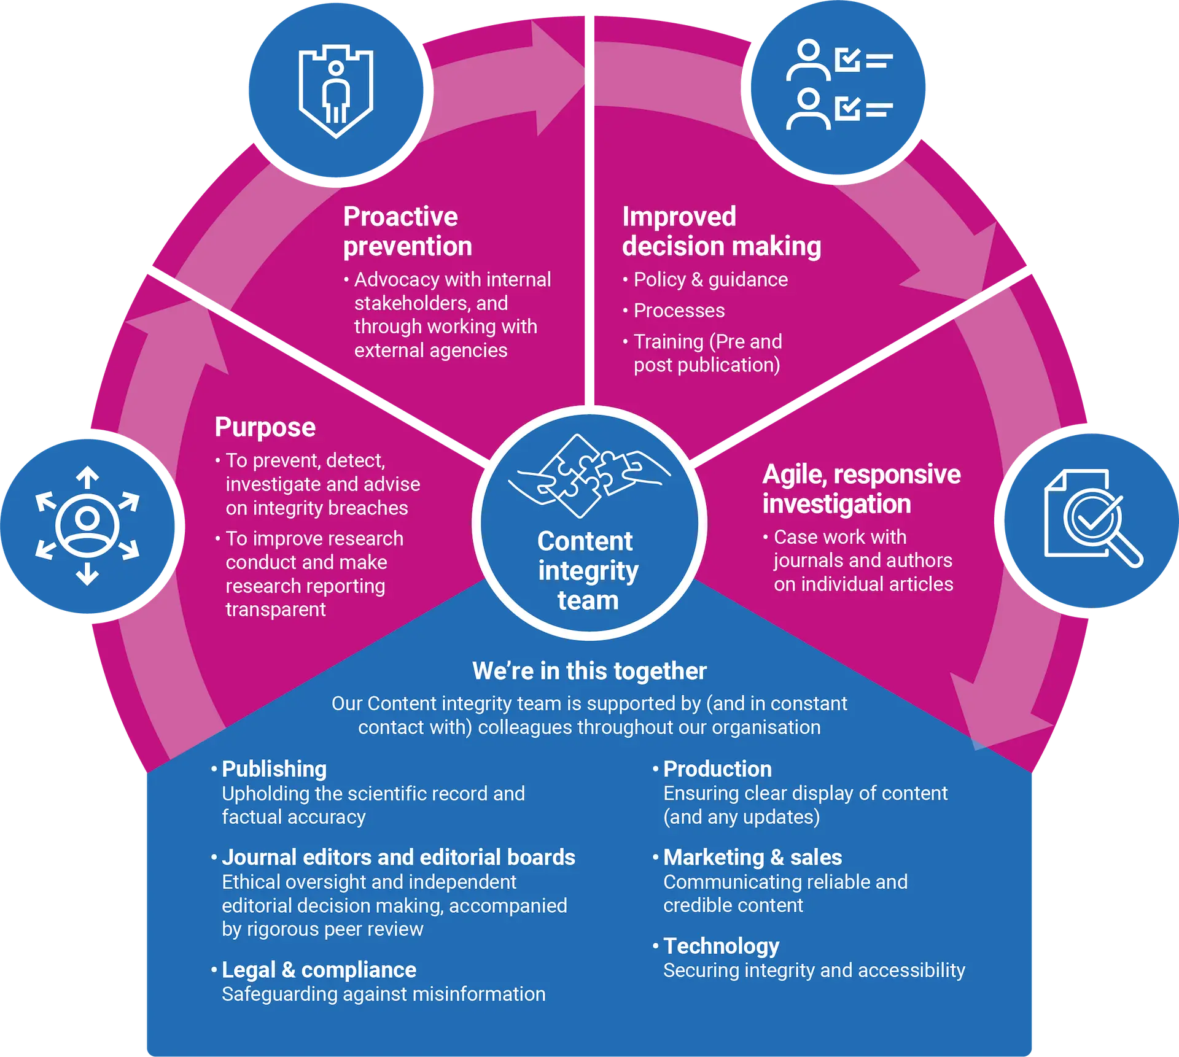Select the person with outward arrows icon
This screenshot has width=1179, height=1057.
[x=87, y=525]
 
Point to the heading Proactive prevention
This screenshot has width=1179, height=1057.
[x=407, y=231]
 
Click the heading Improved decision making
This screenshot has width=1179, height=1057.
[x=721, y=231]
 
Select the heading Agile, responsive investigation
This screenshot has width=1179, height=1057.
[x=861, y=489]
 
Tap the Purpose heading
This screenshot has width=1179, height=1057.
[x=265, y=427]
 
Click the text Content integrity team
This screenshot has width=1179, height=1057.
[x=588, y=571]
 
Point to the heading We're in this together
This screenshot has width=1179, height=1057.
[x=589, y=671]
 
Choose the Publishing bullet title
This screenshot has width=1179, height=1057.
[x=274, y=769]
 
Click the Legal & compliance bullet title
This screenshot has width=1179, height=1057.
[x=319, y=970]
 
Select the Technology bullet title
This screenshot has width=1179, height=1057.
[x=721, y=946]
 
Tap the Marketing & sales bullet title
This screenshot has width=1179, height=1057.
[x=752, y=857]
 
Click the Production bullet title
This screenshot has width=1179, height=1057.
[x=717, y=769]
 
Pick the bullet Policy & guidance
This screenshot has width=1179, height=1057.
[x=710, y=280]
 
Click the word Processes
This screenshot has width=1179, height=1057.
[x=679, y=311]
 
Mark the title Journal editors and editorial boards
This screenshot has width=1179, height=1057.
[x=398, y=857]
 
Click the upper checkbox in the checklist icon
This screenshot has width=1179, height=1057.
[x=847, y=60]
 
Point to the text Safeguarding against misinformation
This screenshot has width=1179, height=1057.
[x=383, y=994]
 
